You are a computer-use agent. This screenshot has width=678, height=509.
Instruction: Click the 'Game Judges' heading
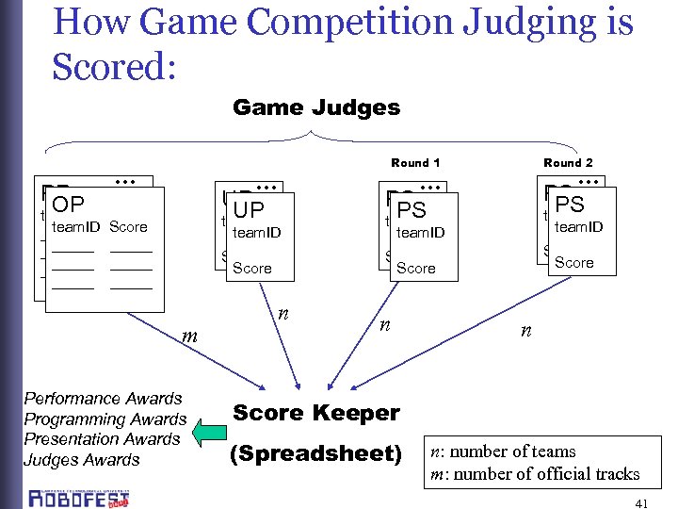316,107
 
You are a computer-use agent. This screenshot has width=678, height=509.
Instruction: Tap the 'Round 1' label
415,163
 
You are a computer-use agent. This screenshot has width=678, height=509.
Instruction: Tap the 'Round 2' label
568,163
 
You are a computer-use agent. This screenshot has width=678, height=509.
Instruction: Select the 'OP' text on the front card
68,205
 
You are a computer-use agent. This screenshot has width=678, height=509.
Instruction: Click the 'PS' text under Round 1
412,209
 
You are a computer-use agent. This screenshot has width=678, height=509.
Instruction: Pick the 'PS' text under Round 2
570,204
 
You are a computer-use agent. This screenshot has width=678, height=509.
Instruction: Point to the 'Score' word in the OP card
128,227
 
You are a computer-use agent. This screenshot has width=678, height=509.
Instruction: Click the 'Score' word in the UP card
251,269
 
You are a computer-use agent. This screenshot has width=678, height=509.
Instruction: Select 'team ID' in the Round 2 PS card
578,226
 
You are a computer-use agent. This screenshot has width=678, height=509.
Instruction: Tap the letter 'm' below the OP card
187,336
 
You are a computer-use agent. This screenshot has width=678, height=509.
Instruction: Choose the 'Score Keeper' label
316,413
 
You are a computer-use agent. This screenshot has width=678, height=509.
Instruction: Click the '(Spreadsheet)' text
316,453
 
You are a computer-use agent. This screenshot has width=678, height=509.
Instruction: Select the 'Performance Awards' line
103,399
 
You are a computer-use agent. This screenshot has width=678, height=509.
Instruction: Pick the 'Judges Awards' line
81,460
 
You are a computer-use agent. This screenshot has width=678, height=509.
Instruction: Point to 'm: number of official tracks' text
535,474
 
